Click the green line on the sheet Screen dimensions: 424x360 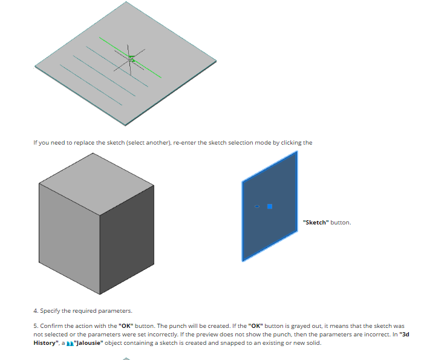click(x=130, y=57)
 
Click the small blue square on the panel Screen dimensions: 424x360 click(x=270, y=207)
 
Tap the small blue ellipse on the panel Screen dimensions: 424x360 click(x=257, y=206)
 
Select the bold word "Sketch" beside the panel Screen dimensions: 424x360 click(x=316, y=222)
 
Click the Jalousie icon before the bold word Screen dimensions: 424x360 click(x=70, y=343)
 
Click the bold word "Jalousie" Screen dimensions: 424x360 click(x=88, y=343)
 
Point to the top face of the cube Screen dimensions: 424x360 click(x=97, y=184)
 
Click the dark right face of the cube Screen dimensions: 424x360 click(x=127, y=240)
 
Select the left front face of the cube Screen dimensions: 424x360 click(x=69, y=238)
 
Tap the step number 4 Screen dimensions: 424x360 click(x=36, y=311)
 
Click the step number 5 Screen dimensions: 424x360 click(x=36, y=326)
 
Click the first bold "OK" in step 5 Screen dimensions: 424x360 click(x=126, y=326)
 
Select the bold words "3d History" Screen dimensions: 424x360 click(x=221, y=339)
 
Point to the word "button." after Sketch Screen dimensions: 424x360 click(x=341, y=222)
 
